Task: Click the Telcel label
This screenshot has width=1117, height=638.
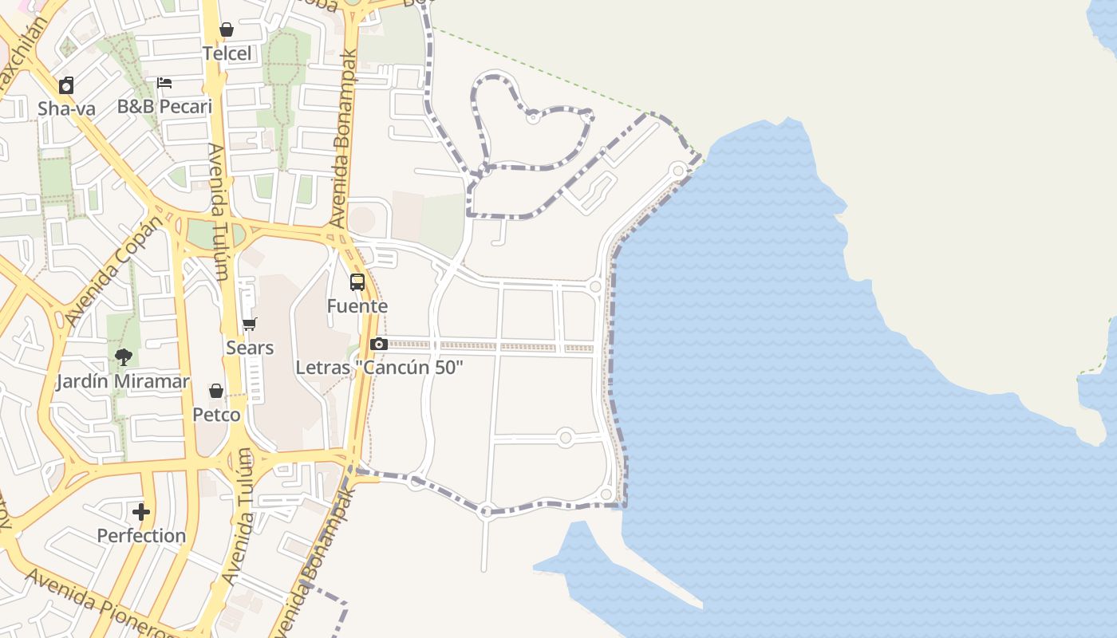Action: click(227, 53)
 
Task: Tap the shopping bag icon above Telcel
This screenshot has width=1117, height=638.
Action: click(227, 30)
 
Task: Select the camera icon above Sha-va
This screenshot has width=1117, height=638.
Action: click(66, 85)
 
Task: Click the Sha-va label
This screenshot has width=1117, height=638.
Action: click(66, 108)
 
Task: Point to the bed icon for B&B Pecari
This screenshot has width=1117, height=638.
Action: click(164, 83)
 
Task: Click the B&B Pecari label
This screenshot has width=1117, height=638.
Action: click(164, 106)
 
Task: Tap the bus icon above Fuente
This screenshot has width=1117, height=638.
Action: click(357, 282)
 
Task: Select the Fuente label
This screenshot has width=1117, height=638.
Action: click(357, 305)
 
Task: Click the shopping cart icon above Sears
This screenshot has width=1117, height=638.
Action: click(250, 325)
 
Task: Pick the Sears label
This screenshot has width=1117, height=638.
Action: click(250, 348)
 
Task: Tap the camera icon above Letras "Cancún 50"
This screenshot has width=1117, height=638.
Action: click(379, 345)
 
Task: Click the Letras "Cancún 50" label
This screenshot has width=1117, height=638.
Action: click(379, 368)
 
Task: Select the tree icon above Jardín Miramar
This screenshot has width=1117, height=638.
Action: click(123, 357)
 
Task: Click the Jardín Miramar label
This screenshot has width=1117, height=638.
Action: click(123, 381)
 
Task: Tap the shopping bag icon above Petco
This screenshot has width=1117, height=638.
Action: click(216, 391)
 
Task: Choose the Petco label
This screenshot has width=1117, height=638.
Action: click(216, 415)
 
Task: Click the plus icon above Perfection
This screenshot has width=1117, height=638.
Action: click(141, 512)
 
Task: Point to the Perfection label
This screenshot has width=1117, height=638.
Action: click(141, 535)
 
